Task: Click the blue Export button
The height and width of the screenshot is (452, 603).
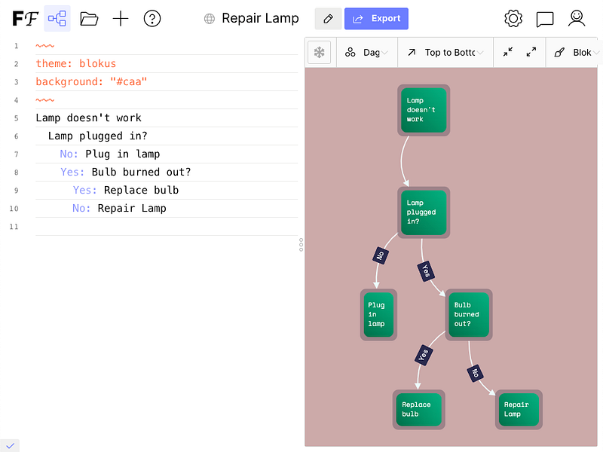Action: [x=376, y=19]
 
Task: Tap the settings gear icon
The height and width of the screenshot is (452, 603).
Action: [x=513, y=19]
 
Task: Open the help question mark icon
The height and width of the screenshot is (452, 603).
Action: [x=152, y=19]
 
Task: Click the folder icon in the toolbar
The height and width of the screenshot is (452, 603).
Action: [x=89, y=19]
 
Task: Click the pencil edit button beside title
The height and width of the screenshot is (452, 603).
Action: [x=327, y=19]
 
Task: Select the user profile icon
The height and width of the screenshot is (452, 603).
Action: [x=577, y=19]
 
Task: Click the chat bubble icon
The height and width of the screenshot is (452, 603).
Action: [x=545, y=19]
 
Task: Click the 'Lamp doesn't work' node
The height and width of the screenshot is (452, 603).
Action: [x=423, y=110]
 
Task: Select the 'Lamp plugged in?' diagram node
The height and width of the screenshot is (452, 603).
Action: [x=423, y=212]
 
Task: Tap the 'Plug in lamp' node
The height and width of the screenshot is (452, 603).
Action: [x=378, y=314]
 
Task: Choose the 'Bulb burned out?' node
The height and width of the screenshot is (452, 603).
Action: [x=467, y=314]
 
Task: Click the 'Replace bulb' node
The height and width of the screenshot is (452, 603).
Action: [x=418, y=409]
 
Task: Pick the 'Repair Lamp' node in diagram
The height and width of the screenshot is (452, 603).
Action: [x=518, y=409]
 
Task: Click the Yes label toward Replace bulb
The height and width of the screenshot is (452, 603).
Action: [x=424, y=354]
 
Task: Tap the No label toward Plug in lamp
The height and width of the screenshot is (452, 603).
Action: [x=381, y=255]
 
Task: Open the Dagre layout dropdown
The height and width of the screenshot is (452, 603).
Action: [x=366, y=53]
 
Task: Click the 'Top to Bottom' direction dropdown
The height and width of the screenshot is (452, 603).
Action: [x=445, y=53]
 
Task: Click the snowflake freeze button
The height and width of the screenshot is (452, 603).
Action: [x=320, y=53]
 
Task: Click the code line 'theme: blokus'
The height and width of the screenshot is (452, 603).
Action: [x=76, y=64]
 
